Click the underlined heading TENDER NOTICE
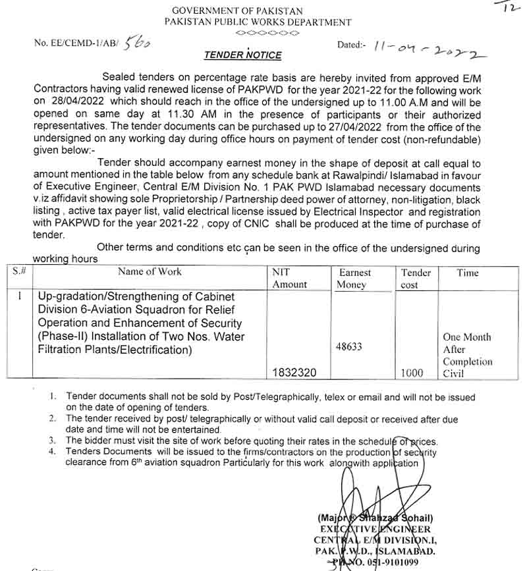pyautogui.click(x=242, y=55)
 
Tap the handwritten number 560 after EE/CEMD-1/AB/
pyautogui.click(x=137, y=43)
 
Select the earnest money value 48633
pyautogui.click(x=348, y=346)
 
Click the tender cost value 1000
pyautogui.click(x=412, y=373)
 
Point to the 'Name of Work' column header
pyautogui.click(x=150, y=271)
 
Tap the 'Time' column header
pyautogui.click(x=467, y=273)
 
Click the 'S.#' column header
pyautogui.click(x=20, y=271)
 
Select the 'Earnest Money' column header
pyautogui.click(x=354, y=279)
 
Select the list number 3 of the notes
pyautogui.click(x=52, y=441)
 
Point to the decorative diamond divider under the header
pyautogui.click(x=267, y=32)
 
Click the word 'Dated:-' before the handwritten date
pyautogui.click(x=351, y=45)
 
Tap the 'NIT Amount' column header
pyautogui.click(x=289, y=278)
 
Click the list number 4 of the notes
pyautogui.click(x=52, y=452)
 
